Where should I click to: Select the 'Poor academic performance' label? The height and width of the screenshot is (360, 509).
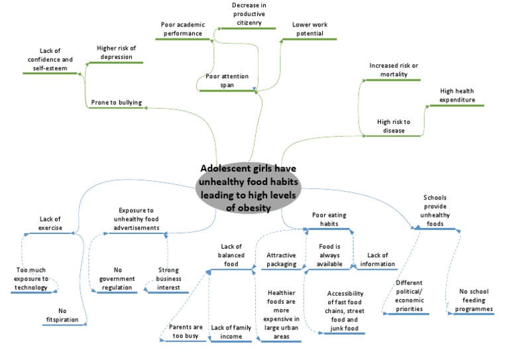(183, 29)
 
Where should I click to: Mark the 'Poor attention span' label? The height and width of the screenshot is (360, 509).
(227, 82)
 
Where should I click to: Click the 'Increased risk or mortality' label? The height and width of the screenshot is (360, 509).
(394, 70)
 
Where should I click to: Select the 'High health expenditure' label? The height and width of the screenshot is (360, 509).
(457, 95)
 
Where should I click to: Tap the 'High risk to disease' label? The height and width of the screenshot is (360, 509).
(394, 126)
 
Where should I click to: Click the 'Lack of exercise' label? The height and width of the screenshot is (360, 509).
(50, 223)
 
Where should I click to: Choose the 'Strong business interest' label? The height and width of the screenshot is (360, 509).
(169, 278)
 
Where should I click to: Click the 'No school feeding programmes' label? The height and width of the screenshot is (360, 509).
(477, 304)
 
